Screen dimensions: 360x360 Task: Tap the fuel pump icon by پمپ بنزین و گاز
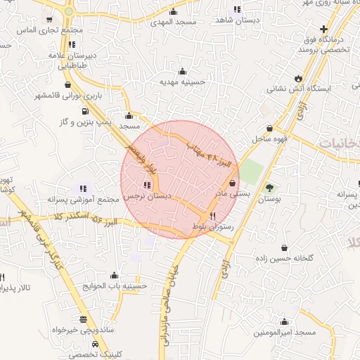click(85, 110)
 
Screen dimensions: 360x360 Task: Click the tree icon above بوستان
click(270, 188)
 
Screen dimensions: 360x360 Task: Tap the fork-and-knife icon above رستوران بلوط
click(212, 217)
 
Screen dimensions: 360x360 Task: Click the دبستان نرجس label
click(144, 198)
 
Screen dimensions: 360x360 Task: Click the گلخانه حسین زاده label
click(284, 259)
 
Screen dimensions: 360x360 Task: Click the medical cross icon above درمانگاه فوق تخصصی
click(323, 30)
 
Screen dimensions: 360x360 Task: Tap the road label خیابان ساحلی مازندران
click(166, 299)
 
